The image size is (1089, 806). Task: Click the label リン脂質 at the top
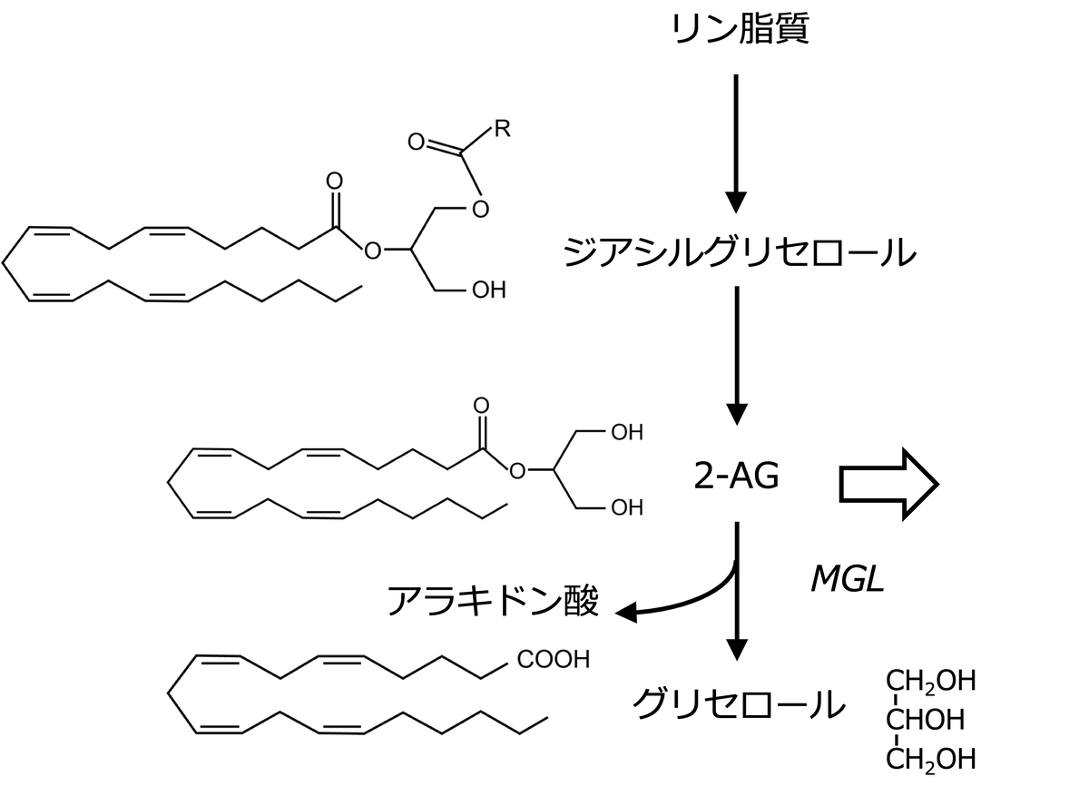(739, 31)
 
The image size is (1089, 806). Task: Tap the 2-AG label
(736, 476)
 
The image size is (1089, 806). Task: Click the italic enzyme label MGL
(846, 580)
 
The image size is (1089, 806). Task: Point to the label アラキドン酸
(493, 601)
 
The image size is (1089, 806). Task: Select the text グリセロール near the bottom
(738, 704)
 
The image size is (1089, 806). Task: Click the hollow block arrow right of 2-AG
(888, 484)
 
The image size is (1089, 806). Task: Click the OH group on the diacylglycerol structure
(488, 290)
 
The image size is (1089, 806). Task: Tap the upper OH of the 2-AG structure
(626, 433)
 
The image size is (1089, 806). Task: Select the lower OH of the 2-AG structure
(626, 508)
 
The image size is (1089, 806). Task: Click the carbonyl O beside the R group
(417, 143)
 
